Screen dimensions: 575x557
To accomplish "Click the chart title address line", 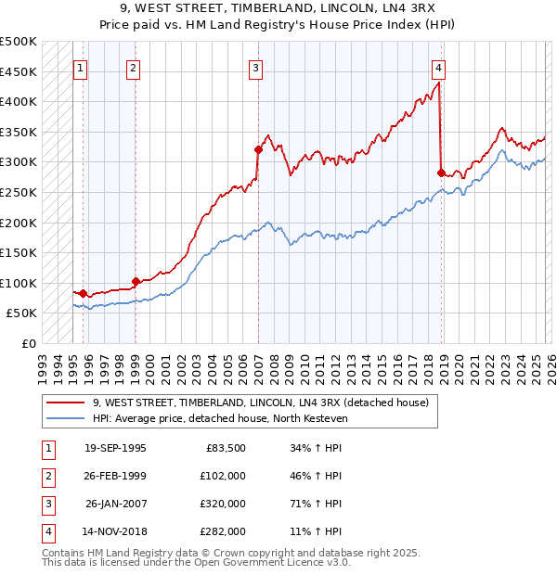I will [x=278, y=8].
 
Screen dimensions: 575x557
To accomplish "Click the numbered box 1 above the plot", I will [x=80, y=68].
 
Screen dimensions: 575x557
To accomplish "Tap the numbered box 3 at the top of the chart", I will [x=255, y=68].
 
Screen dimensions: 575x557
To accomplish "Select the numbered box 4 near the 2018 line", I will [x=437, y=68].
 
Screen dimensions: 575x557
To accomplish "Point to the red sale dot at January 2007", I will [x=258, y=149].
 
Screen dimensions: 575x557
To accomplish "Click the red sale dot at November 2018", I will [x=441, y=172].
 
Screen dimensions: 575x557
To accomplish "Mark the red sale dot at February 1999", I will [x=136, y=281].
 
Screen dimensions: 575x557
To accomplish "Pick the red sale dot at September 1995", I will [x=83, y=292].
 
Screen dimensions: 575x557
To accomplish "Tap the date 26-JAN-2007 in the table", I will [x=115, y=505].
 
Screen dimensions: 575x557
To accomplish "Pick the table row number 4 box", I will [x=45, y=532].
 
